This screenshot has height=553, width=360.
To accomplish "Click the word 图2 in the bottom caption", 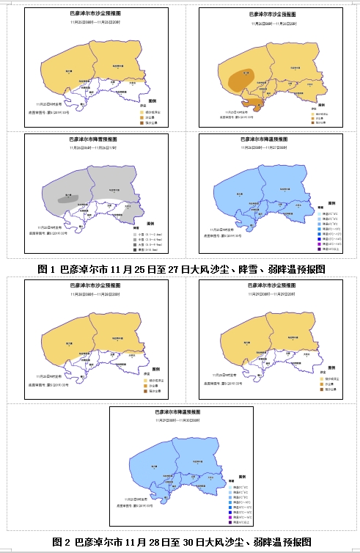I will (x=62, y=542).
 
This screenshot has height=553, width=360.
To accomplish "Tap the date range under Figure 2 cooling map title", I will (x=179, y=421).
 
